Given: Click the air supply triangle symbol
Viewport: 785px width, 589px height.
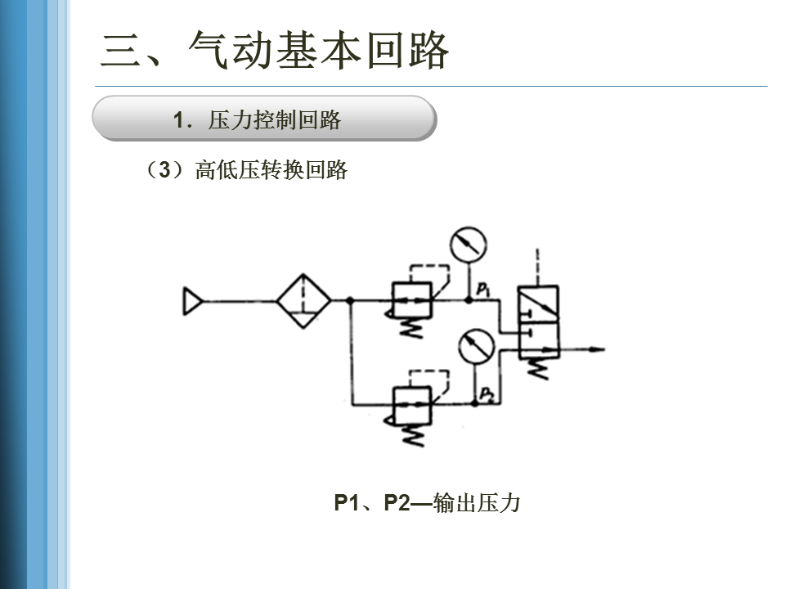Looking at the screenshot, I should pos(191,302).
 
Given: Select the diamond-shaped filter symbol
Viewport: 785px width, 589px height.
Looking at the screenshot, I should pos(303,301).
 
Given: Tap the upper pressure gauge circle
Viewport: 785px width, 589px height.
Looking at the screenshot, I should pos(468,244).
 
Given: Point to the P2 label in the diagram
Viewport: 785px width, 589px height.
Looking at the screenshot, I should pos(487,394).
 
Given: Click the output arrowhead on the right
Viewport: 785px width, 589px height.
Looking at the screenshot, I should pos(598,350).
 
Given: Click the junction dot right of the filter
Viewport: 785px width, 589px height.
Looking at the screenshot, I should pos(350,301).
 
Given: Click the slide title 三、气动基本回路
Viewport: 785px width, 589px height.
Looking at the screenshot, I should pos(275,51).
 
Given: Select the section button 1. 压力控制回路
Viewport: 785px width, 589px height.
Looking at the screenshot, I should pos(263,119).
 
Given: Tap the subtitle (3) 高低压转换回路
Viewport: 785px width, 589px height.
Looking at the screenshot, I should pos(246,170).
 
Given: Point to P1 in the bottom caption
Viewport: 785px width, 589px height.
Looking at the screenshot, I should pos(348,503).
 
